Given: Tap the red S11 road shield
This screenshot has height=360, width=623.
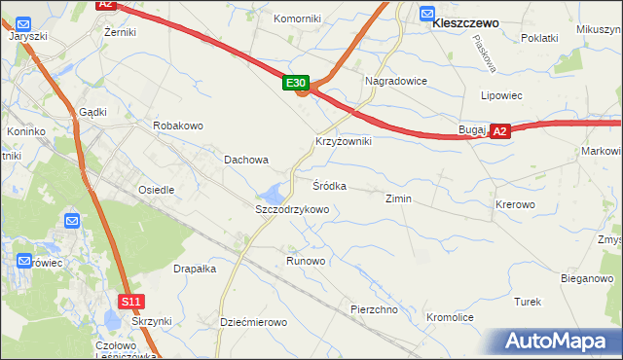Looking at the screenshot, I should point(132,302).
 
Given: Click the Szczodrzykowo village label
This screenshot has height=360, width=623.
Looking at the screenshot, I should point(292,209).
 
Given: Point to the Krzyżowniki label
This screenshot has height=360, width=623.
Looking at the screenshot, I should point(343,141).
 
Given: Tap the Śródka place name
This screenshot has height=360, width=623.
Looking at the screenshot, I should point(329,185).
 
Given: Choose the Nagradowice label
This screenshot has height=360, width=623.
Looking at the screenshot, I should point(395,81).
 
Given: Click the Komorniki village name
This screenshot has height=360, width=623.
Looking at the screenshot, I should point(298,18).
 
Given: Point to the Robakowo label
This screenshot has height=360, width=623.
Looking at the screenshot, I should point(177,126).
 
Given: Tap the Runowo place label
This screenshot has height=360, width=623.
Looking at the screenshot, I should point(306,262).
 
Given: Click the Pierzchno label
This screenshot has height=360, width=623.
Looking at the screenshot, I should point(375,309).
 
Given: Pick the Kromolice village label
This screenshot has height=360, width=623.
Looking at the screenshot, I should point(450,318).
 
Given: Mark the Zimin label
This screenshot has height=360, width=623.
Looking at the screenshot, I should point(398,198).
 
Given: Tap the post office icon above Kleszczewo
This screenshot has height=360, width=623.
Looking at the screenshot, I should point(427,13).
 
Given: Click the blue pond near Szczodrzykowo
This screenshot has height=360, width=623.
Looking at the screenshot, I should point(276,191).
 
